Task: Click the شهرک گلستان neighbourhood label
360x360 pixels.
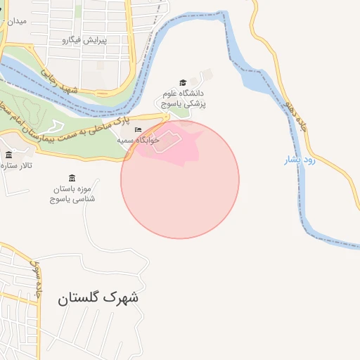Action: [98, 297]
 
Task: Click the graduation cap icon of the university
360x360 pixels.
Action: [183, 83]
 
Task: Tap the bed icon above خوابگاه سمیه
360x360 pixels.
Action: [138, 130]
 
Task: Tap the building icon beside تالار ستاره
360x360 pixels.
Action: [8, 155]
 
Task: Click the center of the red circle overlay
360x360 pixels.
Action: [180, 180]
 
